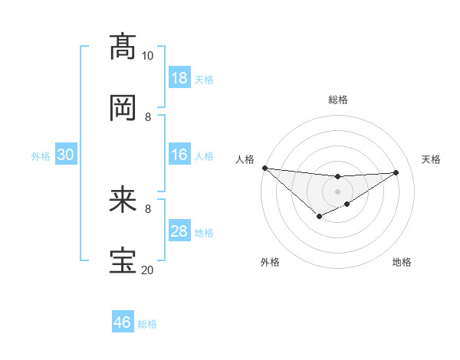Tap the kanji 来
tap(123, 201)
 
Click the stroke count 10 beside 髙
tap(147, 56)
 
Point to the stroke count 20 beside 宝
tap(147, 270)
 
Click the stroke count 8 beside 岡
tap(148, 117)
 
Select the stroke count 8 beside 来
tap(148, 208)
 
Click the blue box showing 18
tap(179, 78)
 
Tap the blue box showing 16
tap(179, 155)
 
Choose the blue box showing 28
tap(179, 232)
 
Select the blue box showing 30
tap(65, 155)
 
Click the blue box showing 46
tap(123, 322)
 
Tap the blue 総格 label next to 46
tap(147, 324)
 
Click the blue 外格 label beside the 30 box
tap(41, 156)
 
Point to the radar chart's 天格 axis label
tap(431, 159)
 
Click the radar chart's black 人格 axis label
tap(245, 159)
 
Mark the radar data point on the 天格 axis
tap(396, 172)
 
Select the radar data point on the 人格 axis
tap(264, 168)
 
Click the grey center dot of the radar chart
tap(337, 191)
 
